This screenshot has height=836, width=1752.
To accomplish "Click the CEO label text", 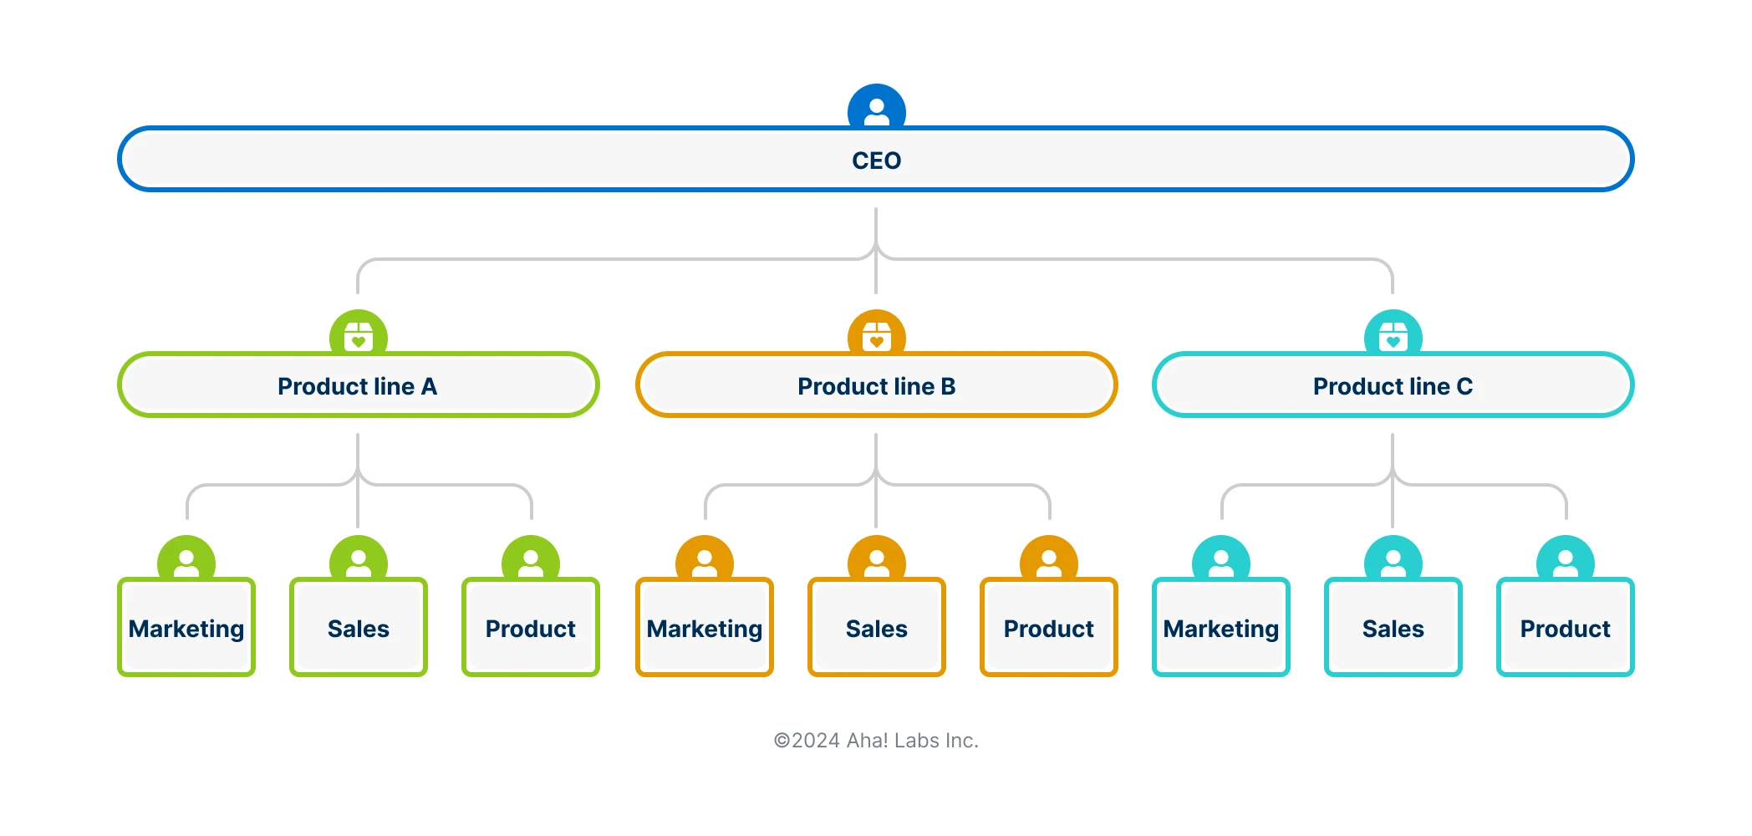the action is click(876, 161).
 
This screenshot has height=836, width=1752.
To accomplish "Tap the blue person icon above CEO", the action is click(876, 109).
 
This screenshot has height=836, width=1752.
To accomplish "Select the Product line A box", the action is click(358, 385).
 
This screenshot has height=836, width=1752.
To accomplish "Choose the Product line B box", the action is click(876, 385).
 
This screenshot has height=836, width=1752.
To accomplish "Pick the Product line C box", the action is click(1393, 385).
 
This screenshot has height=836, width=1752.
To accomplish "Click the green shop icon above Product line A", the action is click(358, 334).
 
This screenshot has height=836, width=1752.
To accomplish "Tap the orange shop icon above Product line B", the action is click(876, 334).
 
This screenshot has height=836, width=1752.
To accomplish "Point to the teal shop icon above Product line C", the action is click(1393, 334).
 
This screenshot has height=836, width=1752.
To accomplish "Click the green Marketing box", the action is click(186, 628).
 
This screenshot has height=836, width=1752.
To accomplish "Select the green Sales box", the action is click(358, 628).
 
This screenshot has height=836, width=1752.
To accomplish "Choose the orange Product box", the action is click(1048, 628).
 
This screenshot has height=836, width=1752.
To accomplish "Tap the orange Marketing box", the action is click(705, 628).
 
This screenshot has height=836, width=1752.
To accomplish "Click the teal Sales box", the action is click(1393, 628).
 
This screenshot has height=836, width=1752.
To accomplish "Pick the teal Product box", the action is click(1565, 628).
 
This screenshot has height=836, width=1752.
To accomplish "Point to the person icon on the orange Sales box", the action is click(876, 560).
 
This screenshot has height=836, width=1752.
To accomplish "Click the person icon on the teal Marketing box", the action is click(1220, 560).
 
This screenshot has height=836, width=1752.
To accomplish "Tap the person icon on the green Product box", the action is click(530, 560).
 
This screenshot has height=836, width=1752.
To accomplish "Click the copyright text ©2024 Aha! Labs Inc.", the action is click(876, 741).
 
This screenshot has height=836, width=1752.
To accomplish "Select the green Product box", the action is click(530, 628).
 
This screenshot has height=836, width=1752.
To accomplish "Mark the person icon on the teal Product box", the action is click(1565, 560).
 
